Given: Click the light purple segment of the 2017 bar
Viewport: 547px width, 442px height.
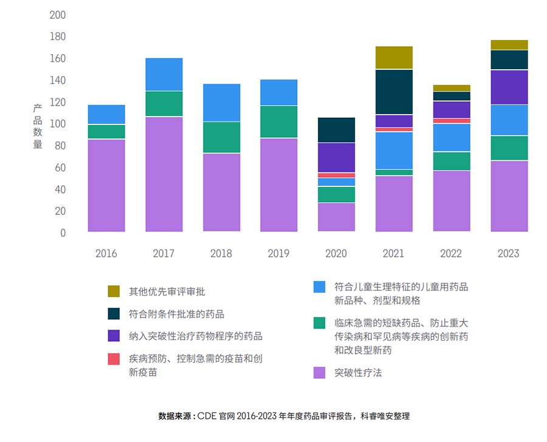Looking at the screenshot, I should point(163,174).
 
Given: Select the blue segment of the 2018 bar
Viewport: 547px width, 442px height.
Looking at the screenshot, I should point(221,103).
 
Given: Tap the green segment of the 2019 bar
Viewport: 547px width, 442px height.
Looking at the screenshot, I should point(279,121).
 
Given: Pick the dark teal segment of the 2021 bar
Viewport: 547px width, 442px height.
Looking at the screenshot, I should point(394,92).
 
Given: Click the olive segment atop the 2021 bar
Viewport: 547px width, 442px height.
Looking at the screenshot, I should point(394,58).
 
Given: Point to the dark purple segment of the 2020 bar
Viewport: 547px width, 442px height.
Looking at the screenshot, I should point(337,157).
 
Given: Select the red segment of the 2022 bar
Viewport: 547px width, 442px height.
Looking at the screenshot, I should point(452,120).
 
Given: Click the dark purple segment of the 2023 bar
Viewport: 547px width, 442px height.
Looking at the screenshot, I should point(509,87).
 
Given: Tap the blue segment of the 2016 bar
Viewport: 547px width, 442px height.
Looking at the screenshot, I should point(106,114).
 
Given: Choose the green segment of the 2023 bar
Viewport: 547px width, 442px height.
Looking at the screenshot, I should point(509,148).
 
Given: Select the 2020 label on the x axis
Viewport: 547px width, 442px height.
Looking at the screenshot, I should point(337,253).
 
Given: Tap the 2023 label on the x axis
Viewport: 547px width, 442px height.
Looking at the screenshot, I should point(509,253).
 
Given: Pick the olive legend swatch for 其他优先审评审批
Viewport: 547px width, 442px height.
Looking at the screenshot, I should point(114,291).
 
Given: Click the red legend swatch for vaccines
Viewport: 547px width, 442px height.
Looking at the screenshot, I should point(114,359).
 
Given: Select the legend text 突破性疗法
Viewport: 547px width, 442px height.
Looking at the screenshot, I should point(358,372).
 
